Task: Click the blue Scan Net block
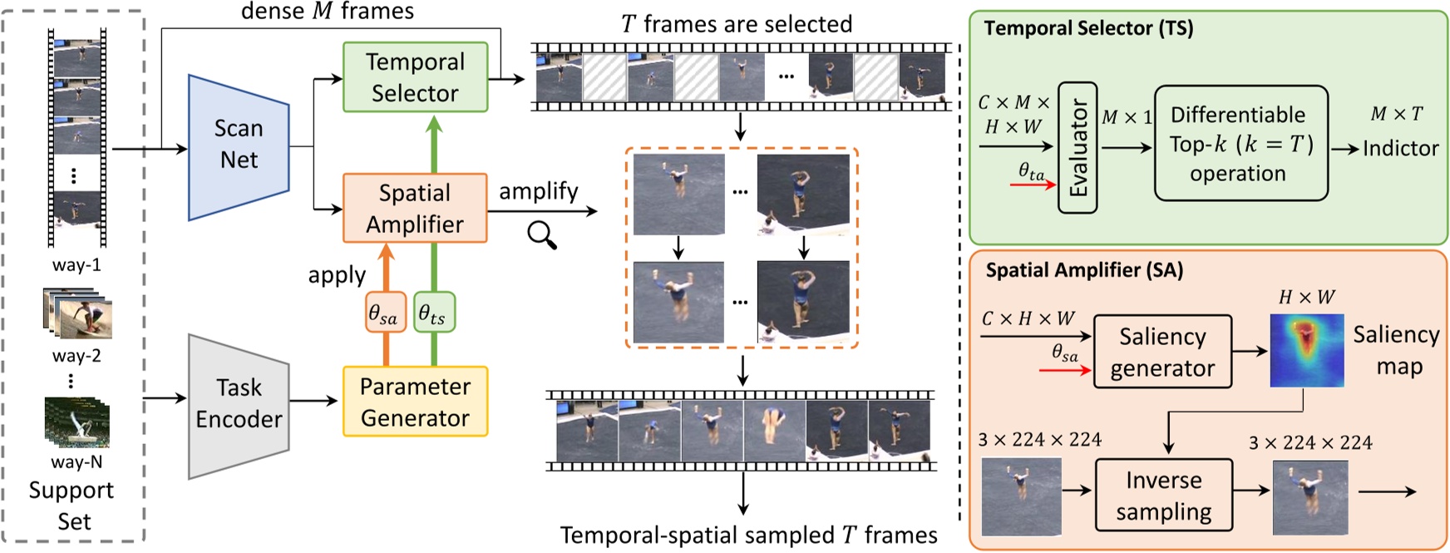click(239, 146)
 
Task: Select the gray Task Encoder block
click(239, 405)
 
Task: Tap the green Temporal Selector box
click(415, 77)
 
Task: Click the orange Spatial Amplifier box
click(415, 208)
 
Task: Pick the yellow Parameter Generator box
click(415, 402)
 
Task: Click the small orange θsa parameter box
click(385, 313)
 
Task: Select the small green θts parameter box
click(433, 313)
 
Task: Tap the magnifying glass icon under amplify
click(542, 236)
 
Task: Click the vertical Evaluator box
click(1078, 148)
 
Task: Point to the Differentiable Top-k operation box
click(1240, 143)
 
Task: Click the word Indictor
click(1400, 148)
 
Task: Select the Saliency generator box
click(1161, 352)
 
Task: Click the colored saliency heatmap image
click(1306, 350)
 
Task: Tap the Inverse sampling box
click(1163, 496)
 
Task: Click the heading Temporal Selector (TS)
click(1088, 28)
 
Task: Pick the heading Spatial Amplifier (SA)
click(1084, 270)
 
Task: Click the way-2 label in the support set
click(76, 355)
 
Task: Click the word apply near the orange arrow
click(337, 275)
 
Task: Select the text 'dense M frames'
click(327, 11)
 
